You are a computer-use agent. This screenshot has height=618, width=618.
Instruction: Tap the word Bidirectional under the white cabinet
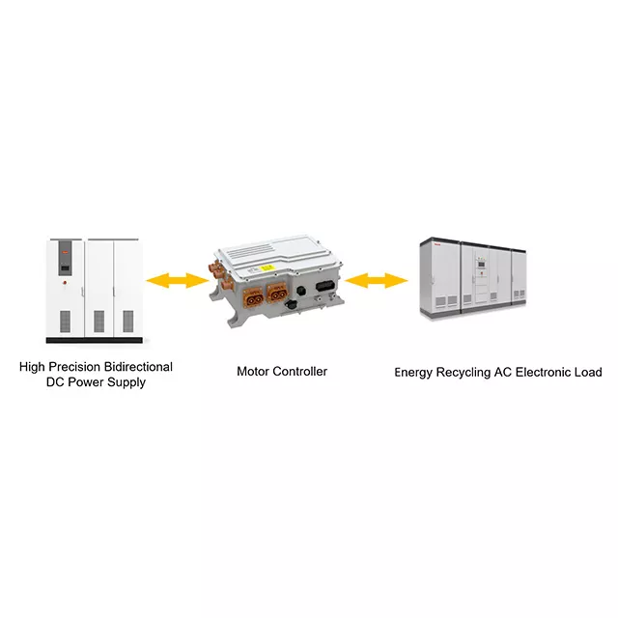tap(138, 367)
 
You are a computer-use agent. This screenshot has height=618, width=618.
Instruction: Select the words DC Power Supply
tap(96, 382)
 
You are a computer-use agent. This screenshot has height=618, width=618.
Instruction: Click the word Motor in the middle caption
tap(254, 371)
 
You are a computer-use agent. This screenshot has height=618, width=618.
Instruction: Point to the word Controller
tap(299, 371)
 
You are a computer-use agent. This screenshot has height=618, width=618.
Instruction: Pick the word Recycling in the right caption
tap(467, 372)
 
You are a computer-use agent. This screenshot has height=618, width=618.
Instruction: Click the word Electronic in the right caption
tap(547, 372)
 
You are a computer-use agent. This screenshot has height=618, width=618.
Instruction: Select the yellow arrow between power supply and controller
tap(178, 281)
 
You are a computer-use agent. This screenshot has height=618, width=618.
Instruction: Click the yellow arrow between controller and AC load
tap(378, 281)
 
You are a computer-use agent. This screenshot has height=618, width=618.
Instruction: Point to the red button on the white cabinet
tap(65, 282)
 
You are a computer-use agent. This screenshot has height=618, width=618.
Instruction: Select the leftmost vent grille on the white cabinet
tap(65, 321)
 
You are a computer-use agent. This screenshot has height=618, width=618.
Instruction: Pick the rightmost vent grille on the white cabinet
tap(127, 321)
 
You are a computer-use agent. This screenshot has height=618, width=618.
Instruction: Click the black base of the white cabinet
tap(94, 341)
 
